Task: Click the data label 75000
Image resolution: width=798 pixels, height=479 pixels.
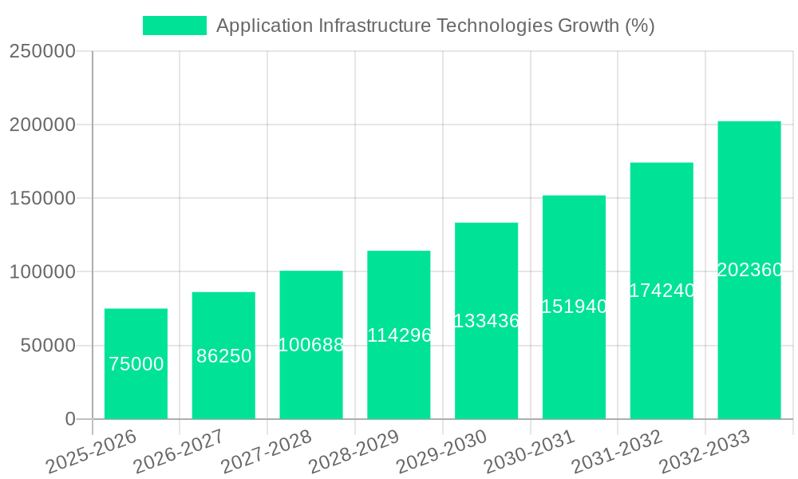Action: point(136,365)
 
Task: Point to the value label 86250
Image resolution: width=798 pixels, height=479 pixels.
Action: point(223,357)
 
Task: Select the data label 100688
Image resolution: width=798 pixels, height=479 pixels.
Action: point(311,346)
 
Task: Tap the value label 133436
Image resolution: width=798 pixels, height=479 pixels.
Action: point(486,321)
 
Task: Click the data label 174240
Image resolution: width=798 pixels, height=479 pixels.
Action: point(662,291)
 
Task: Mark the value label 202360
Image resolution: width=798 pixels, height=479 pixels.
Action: point(749,271)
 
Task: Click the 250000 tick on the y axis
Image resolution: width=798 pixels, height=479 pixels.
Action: point(42,52)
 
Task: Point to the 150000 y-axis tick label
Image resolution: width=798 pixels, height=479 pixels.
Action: point(42,199)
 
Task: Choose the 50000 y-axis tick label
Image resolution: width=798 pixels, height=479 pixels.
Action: point(48,346)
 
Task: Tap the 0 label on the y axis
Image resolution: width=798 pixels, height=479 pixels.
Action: point(70,419)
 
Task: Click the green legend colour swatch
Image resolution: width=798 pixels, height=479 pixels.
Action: point(174,26)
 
